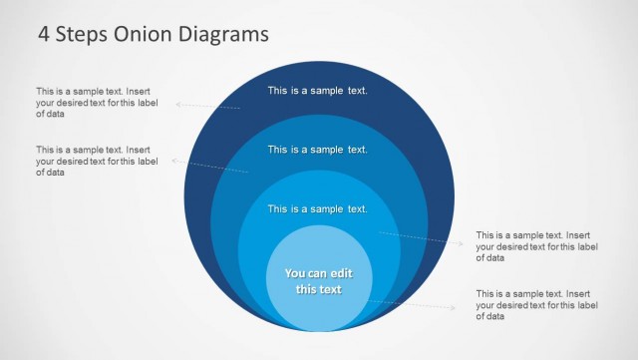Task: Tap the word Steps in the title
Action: pos(83,34)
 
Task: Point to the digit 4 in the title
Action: pos(44,34)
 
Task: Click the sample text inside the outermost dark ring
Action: pos(318,91)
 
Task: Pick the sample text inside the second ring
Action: pos(318,150)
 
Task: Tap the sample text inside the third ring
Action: pos(318,208)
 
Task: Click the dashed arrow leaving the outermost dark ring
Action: pos(209,106)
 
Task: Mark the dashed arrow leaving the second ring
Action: pos(211,166)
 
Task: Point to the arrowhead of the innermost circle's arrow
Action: pos(454,308)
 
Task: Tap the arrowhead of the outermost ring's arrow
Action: pos(178,103)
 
